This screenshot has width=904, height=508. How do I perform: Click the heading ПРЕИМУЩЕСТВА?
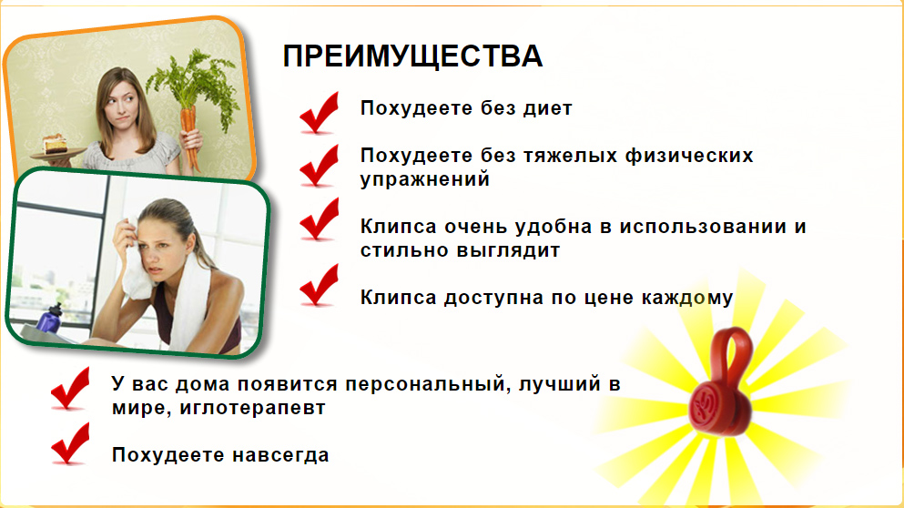tap(412, 56)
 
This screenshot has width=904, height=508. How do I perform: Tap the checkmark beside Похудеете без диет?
tap(319, 113)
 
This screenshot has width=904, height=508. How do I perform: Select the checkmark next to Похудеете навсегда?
tap(70, 442)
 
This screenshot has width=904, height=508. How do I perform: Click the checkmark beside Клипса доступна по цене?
tap(319, 286)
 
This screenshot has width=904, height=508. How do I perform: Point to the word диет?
tap(548, 108)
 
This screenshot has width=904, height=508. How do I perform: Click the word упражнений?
tap(425, 179)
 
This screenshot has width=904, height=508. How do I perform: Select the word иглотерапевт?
tap(252, 408)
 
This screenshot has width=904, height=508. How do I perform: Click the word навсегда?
tap(280, 455)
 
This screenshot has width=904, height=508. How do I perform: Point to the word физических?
tap(689, 156)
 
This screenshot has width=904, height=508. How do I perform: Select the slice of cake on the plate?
tap(55, 144)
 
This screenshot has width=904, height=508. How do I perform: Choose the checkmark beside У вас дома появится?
tap(70, 388)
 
